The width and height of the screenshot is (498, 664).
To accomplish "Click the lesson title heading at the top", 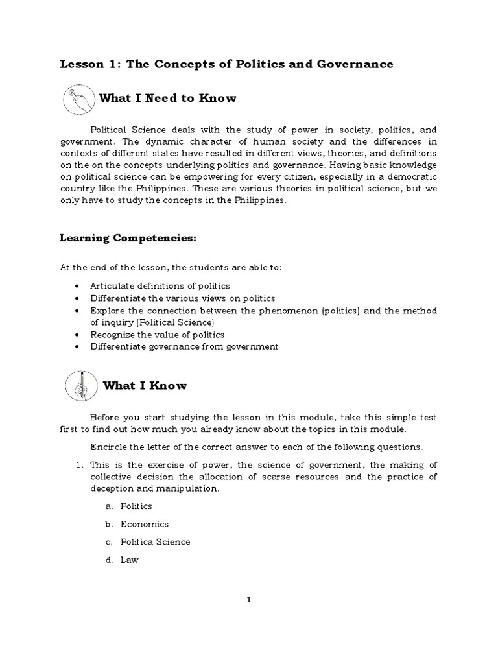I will [x=226, y=64].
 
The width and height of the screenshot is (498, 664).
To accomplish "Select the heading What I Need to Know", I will [x=167, y=99].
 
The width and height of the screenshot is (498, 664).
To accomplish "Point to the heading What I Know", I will [x=145, y=386].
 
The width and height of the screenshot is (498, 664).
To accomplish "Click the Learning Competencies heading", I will [x=128, y=239].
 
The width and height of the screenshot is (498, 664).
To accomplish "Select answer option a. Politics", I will [x=136, y=506].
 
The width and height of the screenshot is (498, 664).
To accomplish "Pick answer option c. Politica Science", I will [x=155, y=542].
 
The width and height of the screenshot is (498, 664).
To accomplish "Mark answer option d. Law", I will [x=129, y=560].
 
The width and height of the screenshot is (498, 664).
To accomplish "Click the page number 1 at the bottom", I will [x=248, y=600].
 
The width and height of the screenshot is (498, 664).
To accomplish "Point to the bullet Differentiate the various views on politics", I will [x=183, y=298].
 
